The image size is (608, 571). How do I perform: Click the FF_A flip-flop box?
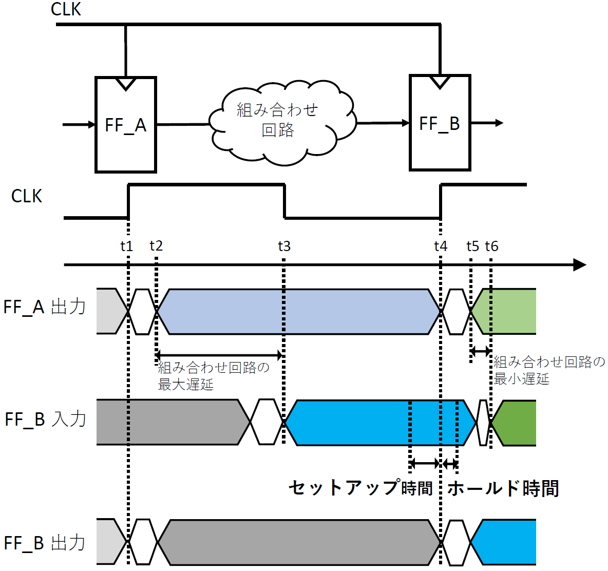pos(126,125)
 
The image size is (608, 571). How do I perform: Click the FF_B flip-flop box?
pos(440,123)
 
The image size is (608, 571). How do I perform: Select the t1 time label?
pos(127,246)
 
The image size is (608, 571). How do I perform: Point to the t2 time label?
pos(156,246)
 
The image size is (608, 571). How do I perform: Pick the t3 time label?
pos(284,246)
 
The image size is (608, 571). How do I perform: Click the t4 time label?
pos(441,246)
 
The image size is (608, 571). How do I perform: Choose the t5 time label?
pos(472,246)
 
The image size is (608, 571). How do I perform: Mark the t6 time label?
pos(491,246)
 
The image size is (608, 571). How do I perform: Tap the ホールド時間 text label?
pos(503,488)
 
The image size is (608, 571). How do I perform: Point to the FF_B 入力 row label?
pos(45,419)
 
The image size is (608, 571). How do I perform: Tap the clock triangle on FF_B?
pos(440,82)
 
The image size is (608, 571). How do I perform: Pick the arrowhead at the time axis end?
pos(580,265)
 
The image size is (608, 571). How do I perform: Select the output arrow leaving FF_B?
pos(487,123)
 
